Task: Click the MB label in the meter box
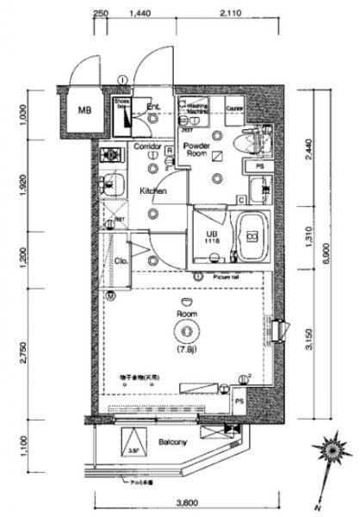pos(84,110)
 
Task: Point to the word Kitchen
pos(153,191)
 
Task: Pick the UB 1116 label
pos(211,238)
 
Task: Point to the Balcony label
pos(171,443)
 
